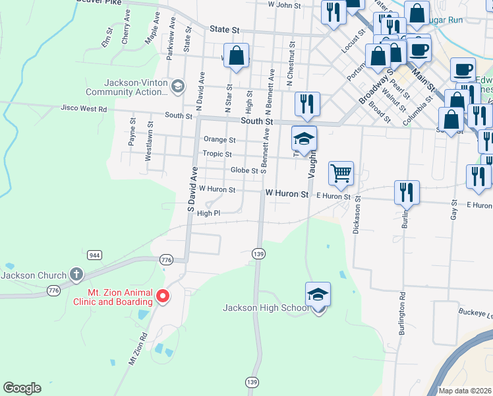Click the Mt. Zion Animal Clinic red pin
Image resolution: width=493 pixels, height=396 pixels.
pos(162,297)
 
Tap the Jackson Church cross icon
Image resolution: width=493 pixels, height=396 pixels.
pos(76,274)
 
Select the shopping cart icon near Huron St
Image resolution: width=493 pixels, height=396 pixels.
pos(341,174)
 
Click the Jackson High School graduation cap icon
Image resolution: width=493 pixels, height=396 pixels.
pos(318,294)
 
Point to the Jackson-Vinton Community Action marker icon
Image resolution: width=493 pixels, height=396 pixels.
pos(177,86)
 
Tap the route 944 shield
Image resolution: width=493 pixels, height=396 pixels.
pos(95,255)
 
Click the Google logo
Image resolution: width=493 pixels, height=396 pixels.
pos(22,388)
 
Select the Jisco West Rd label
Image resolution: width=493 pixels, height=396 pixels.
pos(83,108)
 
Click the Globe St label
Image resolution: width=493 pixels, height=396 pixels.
pos(244,170)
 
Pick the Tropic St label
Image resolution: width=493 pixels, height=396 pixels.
pos(217,154)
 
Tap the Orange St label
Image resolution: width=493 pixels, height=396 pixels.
pos(219,140)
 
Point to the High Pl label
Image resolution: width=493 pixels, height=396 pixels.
pos(208,213)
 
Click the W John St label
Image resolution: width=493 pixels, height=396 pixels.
pos(284,5)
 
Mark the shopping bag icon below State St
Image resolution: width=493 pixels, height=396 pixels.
pos(237,56)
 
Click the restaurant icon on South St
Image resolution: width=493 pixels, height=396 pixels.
pos(308,104)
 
